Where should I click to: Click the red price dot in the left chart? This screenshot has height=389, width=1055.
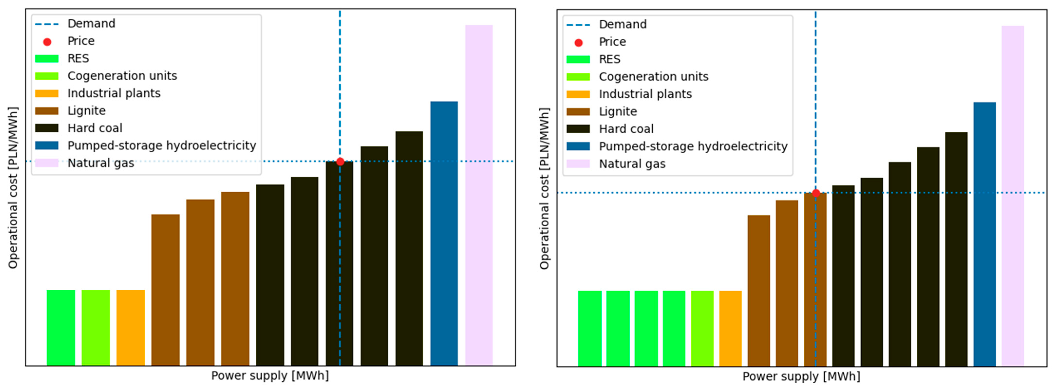point(340,161)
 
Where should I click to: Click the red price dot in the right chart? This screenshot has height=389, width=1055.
point(816,193)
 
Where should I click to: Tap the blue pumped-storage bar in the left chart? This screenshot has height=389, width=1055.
point(444,233)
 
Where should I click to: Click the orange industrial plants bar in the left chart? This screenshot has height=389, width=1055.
point(131,328)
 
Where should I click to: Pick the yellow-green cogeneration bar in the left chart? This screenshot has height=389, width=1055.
point(96,328)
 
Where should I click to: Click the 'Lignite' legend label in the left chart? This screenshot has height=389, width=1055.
point(86,111)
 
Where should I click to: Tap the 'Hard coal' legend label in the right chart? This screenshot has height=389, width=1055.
point(626,129)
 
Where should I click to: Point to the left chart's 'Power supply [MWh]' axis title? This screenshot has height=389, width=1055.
point(270,375)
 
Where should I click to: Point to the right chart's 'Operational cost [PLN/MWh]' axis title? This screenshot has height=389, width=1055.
point(544,188)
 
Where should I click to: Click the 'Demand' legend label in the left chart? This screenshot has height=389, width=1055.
point(91,23)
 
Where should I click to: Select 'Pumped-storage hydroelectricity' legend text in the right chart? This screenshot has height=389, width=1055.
point(693,146)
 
